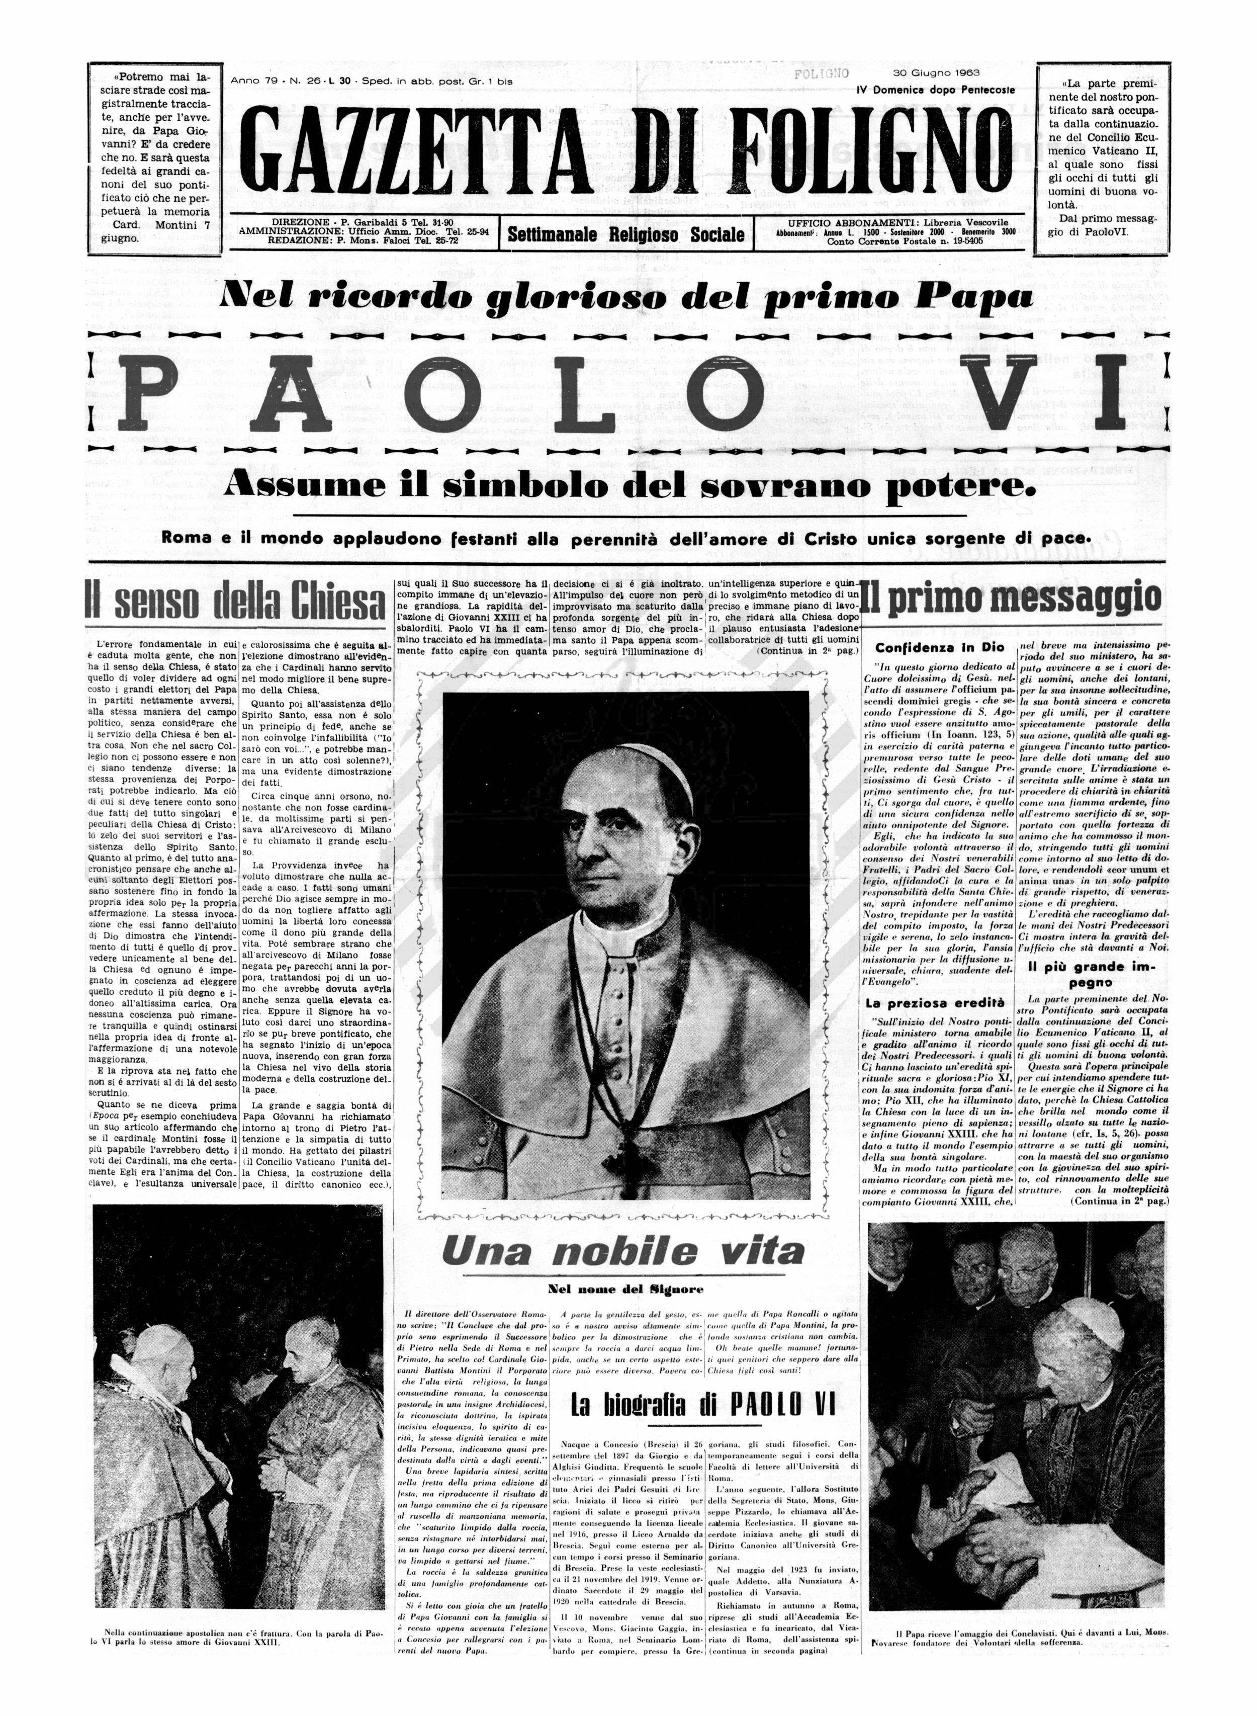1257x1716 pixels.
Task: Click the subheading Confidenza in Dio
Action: [940, 648]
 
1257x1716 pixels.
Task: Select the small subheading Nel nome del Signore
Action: [625, 1289]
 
